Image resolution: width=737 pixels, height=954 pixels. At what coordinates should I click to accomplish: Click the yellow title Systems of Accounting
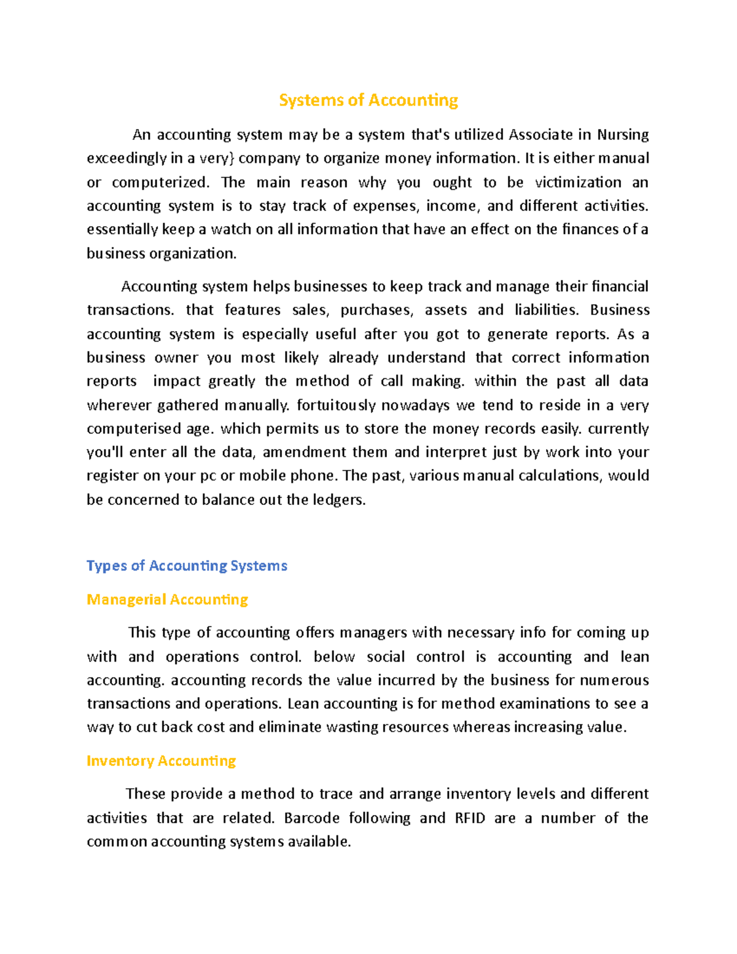368,100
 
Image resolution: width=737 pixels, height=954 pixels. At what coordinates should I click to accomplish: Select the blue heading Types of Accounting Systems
187,566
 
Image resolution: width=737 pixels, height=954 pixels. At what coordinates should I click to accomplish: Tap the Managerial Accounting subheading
167,600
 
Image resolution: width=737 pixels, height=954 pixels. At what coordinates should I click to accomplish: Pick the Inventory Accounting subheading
161,761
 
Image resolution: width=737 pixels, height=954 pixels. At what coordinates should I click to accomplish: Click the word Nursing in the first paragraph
623,135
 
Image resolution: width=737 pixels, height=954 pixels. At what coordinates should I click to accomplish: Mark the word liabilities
547,310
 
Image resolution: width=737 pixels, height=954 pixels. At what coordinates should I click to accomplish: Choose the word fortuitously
336,405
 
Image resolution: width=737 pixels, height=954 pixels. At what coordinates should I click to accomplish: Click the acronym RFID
470,818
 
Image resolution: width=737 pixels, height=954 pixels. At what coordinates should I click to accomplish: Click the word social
386,657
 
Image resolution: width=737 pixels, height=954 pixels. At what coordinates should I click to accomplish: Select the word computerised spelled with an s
134,429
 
